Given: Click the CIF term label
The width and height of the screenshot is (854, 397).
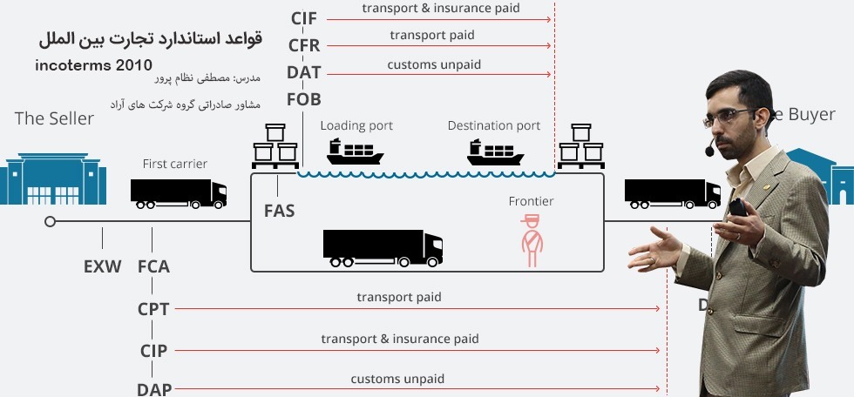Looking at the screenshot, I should (x=303, y=18).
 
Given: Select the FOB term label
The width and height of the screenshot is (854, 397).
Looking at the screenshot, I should (x=303, y=98).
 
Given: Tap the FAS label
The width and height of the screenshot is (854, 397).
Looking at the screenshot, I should (x=279, y=211).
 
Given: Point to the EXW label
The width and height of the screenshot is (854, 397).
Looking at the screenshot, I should (x=102, y=266).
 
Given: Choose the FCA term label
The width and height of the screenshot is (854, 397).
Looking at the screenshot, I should (x=153, y=266).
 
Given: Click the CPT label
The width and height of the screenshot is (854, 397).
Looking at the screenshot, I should (x=153, y=308).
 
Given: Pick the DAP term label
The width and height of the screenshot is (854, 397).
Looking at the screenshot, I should (x=153, y=388).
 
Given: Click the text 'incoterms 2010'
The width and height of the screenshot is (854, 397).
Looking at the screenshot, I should (x=94, y=65).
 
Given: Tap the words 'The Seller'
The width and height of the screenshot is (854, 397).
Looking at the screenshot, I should (x=54, y=118).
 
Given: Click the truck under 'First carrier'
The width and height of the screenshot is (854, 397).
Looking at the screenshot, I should (x=179, y=193).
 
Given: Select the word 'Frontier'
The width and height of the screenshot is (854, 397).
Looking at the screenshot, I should (x=531, y=202).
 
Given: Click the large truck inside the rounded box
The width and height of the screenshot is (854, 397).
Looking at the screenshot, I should (x=383, y=248).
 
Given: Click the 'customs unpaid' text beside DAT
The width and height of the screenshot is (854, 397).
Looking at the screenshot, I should (x=434, y=64).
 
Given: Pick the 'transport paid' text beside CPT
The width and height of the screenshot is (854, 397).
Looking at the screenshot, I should (x=398, y=297).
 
